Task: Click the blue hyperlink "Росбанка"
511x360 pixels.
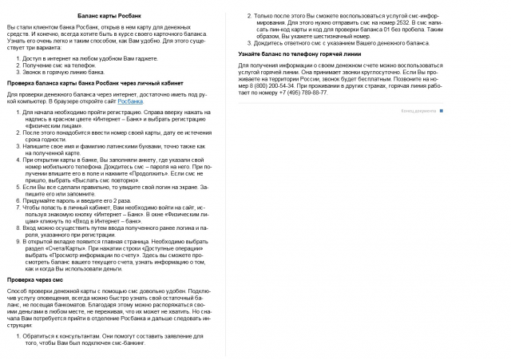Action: coord(130,101)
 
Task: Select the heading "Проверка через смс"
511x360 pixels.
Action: coord(36,280)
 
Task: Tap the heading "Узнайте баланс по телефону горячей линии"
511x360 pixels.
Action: coord(299,53)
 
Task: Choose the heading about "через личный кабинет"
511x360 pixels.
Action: coord(91,82)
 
